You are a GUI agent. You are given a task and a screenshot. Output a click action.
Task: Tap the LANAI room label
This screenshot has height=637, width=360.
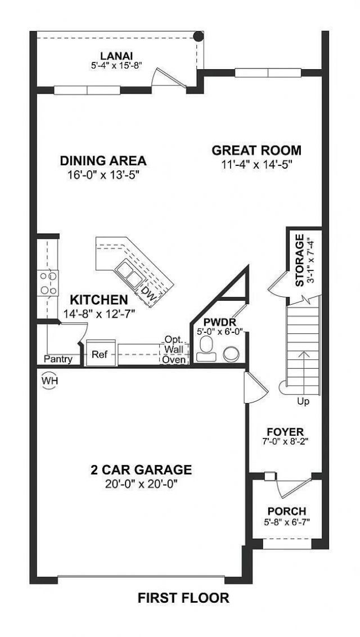(x=116, y=55)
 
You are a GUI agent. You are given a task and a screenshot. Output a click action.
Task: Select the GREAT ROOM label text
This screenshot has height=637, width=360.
(x=256, y=150)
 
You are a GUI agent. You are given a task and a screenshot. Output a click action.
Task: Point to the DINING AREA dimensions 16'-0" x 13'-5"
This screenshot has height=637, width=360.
(x=103, y=174)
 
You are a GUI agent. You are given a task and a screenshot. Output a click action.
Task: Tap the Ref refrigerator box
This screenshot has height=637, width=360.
(x=100, y=355)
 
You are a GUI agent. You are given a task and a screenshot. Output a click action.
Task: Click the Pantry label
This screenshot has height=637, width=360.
(x=58, y=359)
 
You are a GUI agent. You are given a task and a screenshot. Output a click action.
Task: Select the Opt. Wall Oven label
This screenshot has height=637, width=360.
(x=174, y=350)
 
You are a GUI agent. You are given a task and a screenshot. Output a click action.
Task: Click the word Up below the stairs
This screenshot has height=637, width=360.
(x=304, y=401)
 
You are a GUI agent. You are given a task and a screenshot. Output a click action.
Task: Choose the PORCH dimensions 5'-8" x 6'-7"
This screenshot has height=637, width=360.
(x=286, y=522)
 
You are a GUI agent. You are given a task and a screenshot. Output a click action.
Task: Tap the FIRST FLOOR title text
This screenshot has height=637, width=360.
(x=183, y=598)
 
